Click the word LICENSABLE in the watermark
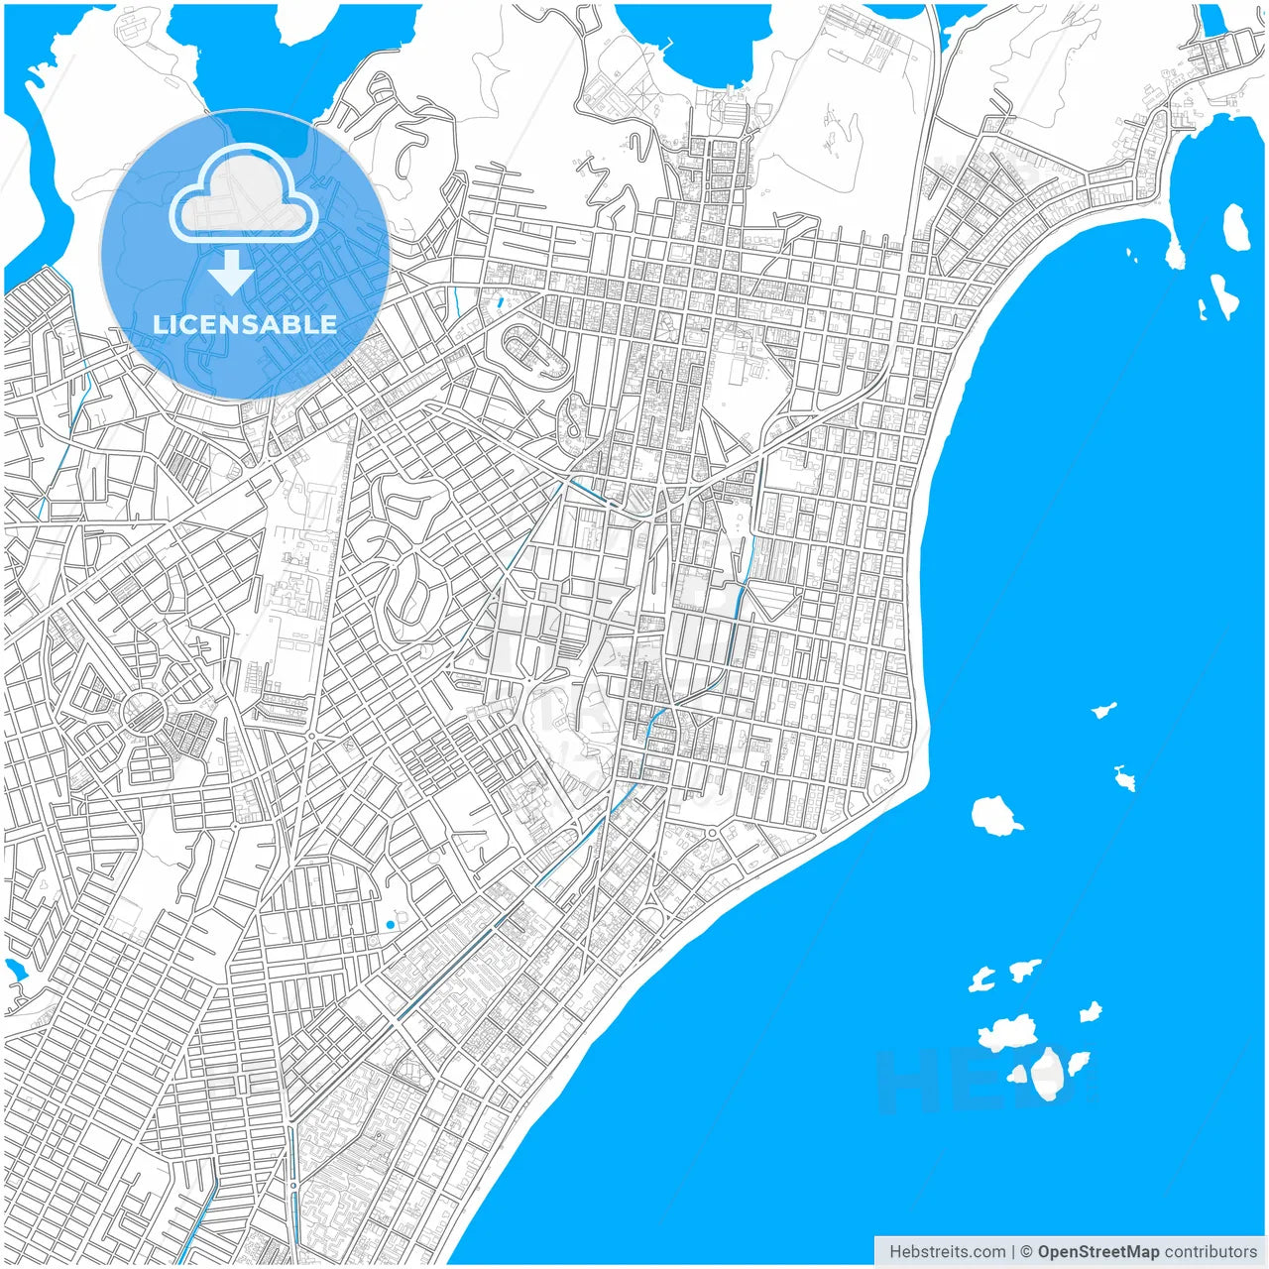(x=245, y=324)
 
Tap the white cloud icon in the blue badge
(x=244, y=195)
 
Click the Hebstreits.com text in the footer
(x=947, y=1251)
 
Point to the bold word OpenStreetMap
(x=1097, y=1251)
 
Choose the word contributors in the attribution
(x=1210, y=1251)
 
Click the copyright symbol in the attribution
(x=1027, y=1251)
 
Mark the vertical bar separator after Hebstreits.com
(x=1013, y=1251)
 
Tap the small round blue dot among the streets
(x=390, y=925)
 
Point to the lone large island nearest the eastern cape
(x=995, y=815)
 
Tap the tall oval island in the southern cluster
(x=1047, y=1073)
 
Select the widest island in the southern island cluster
(x=1008, y=1032)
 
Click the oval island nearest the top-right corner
(x=1235, y=226)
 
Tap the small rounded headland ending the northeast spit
(x=1175, y=256)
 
